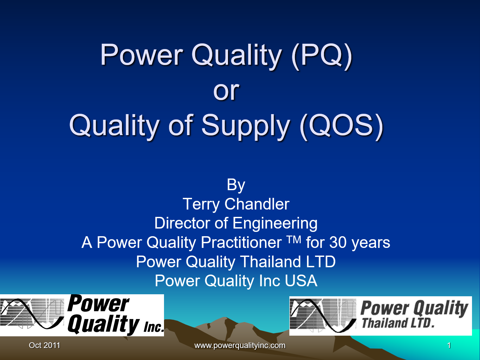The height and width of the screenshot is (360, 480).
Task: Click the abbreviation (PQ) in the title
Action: (322, 55)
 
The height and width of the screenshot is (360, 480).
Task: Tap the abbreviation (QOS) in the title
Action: (341, 125)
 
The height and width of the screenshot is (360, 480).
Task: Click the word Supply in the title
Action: (246, 126)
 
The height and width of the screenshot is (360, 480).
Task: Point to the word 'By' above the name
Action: (236, 185)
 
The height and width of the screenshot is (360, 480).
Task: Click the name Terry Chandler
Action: (236, 204)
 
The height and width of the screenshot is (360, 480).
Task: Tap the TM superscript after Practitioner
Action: (294, 239)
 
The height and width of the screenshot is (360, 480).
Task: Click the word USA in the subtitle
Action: (301, 281)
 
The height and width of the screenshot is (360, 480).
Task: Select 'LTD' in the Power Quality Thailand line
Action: (321, 262)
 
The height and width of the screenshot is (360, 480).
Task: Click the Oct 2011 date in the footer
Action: (44, 345)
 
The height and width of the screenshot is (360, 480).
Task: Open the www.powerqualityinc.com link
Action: (240, 345)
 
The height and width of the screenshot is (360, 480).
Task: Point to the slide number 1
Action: (449, 345)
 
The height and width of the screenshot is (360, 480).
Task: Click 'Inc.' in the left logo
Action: (154, 327)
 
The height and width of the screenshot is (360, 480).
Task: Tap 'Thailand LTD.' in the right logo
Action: (398, 323)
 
